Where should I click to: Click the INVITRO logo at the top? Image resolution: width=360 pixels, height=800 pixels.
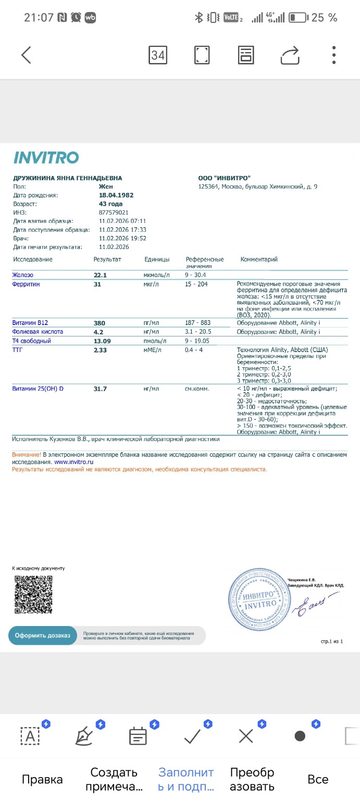pos(46,157)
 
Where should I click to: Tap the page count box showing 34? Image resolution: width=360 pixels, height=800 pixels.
pos(158,55)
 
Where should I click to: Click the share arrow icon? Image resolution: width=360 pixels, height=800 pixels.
pos(290,55)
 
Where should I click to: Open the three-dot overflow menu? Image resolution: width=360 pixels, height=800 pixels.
pos(334,55)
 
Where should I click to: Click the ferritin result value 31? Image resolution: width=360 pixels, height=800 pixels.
pos(97,284)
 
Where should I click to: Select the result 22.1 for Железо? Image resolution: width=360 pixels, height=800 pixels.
pos(100,274)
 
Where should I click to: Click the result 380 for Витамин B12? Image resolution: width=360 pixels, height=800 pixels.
pos(99,323)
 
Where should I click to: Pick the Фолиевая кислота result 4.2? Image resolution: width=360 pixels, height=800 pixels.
pos(98,332)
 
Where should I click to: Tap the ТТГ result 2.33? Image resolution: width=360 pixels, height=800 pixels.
pos(100,350)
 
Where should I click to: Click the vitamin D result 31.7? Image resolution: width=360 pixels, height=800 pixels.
pos(100,389)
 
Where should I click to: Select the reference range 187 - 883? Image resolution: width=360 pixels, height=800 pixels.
pos(198,323)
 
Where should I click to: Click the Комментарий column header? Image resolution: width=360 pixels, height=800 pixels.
pos(259,259)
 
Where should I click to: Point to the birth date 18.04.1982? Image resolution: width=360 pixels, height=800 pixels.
pos(116,195)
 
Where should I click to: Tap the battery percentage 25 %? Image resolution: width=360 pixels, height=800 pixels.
pos(324,18)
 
